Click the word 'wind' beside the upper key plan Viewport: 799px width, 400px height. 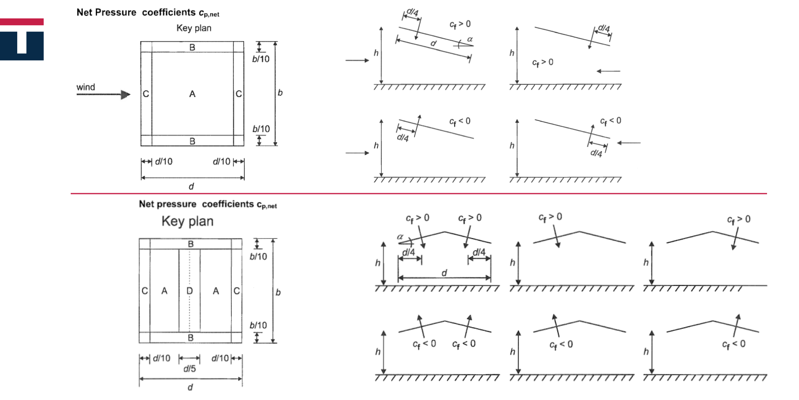tap(85, 87)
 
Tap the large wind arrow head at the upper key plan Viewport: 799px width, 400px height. tap(125, 95)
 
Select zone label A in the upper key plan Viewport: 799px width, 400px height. tap(192, 94)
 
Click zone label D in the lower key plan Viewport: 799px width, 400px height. tap(190, 291)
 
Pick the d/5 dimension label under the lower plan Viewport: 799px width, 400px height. tap(189, 369)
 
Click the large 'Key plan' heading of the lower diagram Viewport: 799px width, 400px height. tap(187, 221)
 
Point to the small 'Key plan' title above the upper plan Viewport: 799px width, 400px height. tap(194, 28)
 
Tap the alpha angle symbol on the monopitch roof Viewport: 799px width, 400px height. tap(470, 39)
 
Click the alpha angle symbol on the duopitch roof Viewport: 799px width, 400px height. tap(400, 237)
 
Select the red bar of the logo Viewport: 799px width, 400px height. tap(22, 22)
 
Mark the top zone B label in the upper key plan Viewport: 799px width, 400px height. tap(192, 47)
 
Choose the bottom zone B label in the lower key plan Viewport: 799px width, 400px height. tap(191, 338)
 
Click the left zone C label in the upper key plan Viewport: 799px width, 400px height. tap(146, 94)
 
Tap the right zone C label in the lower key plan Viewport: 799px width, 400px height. tap(237, 291)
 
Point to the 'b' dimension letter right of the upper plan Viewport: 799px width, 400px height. tap(280, 93)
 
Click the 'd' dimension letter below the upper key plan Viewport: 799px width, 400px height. tap(191, 186)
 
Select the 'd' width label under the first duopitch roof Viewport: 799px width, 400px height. tap(444, 273)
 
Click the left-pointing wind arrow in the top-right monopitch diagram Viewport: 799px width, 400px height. tap(608, 71)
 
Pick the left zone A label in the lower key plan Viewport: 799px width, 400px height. tap(164, 291)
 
